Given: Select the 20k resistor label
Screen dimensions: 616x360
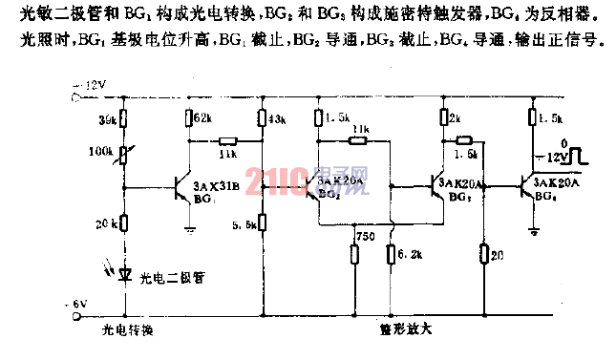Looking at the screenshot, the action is point(106,223).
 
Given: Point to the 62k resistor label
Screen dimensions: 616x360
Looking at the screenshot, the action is point(202,119).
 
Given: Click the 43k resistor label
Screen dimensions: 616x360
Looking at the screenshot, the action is point(278,119).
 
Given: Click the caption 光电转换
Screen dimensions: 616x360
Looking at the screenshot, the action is point(128,330).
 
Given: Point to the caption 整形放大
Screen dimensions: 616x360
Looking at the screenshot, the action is point(406,330).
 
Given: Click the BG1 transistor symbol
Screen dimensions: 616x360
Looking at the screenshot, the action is point(181,189).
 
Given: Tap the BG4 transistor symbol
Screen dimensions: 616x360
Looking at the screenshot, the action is point(526,188).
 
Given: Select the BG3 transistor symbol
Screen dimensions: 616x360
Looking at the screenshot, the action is point(439,188).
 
